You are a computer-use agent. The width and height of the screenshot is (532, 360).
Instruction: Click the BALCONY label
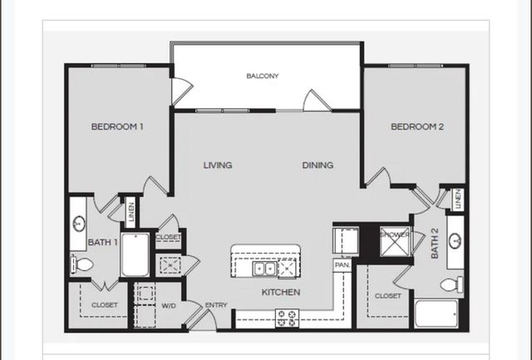[x=263, y=76]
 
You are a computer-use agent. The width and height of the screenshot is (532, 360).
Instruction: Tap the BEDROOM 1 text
[x=117, y=127]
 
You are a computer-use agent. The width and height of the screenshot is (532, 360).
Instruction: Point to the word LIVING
[x=218, y=165]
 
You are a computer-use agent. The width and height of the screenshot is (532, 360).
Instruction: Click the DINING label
[x=318, y=165]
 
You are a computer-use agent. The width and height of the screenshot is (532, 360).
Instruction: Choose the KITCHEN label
[x=281, y=293]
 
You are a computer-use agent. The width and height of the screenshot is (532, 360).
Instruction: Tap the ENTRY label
[x=216, y=305]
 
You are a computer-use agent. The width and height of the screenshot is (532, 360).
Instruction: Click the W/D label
[x=169, y=305]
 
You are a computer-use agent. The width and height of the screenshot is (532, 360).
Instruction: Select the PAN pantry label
[x=341, y=264]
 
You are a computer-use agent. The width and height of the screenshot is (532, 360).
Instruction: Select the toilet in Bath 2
[x=451, y=284]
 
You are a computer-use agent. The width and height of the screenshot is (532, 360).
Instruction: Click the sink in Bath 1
[x=79, y=224]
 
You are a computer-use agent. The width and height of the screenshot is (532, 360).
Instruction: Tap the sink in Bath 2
[x=456, y=241]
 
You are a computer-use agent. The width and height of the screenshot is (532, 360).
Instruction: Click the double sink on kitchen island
[x=264, y=269]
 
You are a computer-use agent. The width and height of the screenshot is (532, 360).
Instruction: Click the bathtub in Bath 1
[x=135, y=255]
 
